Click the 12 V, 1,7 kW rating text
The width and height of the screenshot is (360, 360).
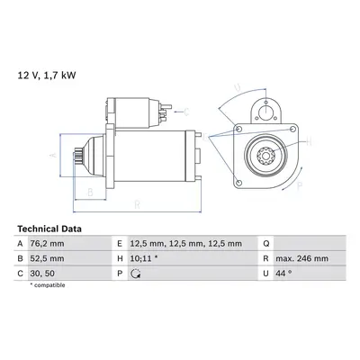[47, 76]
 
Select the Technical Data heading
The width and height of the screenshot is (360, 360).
[49, 229]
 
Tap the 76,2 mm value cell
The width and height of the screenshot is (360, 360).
[47, 244]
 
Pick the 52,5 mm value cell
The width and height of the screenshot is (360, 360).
[47, 258]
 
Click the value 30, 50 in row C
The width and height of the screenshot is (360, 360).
[42, 274]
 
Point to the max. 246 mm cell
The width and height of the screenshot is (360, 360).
[302, 258]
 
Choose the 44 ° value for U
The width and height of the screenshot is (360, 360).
[283, 274]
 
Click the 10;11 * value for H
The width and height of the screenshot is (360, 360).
[144, 258]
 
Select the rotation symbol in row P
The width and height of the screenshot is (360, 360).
[136, 274]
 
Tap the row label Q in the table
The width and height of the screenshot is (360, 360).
[266, 244]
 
